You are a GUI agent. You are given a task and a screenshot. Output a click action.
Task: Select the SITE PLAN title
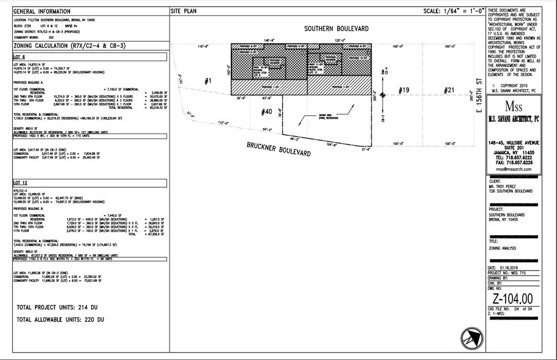click(x=184, y=12)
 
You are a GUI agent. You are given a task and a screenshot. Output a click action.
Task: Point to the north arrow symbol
click(x=471, y=336)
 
